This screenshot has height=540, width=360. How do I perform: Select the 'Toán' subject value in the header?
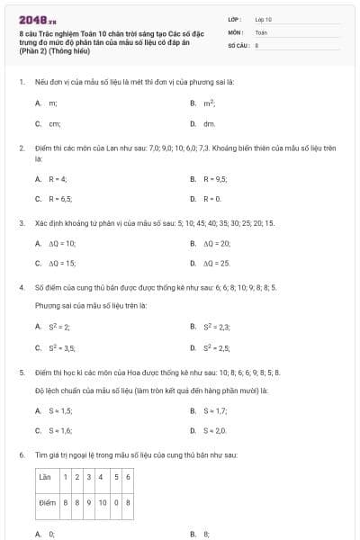(x=261, y=31)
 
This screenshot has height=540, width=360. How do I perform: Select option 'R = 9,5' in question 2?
(x=214, y=179)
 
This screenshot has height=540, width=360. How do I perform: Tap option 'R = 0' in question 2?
(x=211, y=198)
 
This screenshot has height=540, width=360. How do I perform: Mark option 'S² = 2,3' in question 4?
(x=217, y=327)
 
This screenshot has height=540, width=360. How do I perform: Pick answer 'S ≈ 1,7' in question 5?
(x=215, y=410)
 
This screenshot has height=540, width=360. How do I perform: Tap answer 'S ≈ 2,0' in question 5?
(x=215, y=430)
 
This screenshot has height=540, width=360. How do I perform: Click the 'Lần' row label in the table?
(x=48, y=476)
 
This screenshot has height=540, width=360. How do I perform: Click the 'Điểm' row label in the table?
(x=48, y=501)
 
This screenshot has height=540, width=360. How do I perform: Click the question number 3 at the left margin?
(x=22, y=222)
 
